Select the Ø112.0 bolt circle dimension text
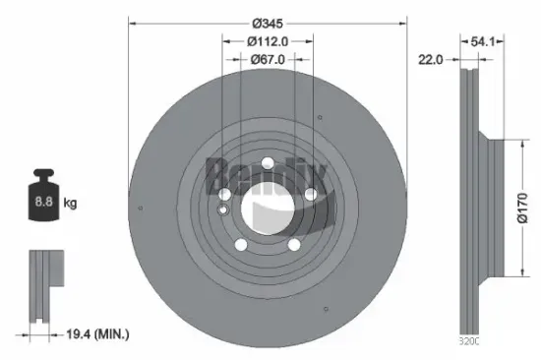pos(267,40)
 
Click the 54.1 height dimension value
pos(482,40)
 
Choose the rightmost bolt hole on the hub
pos(310,195)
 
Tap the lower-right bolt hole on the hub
pos(293,246)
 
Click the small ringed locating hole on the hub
pos(223,208)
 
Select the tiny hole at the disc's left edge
pos(144,208)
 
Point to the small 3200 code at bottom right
pos(469,341)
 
